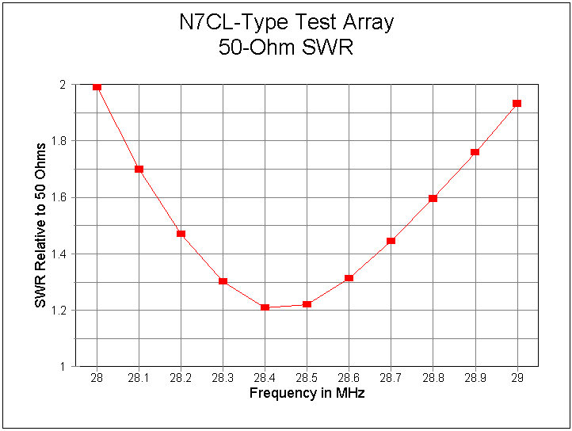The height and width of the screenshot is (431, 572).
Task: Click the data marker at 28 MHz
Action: pyautogui.click(x=97, y=86)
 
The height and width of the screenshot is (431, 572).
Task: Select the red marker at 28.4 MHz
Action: pyautogui.click(x=265, y=307)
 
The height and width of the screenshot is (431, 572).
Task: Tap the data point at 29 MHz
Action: pyautogui.click(x=517, y=103)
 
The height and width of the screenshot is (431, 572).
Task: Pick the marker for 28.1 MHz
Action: pyautogui.click(x=139, y=169)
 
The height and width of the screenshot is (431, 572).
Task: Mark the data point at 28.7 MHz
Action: pyautogui.click(x=391, y=240)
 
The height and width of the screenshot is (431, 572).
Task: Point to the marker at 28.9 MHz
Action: pyautogui.click(x=475, y=152)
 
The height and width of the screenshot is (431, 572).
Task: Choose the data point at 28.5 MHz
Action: pyautogui.click(x=307, y=304)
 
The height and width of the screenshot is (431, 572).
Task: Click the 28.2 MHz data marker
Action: pyautogui.click(x=181, y=234)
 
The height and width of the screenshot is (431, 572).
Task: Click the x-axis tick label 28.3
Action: pyautogui.click(x=223, y=379)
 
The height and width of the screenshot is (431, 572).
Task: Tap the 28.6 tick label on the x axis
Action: pyautogui.click(x=349, y=379)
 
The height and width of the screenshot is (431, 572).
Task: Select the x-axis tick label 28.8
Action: pyautogui.click(x=433, y=379)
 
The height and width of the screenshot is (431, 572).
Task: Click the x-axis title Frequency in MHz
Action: pyautogui.click(x=307, y=393)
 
